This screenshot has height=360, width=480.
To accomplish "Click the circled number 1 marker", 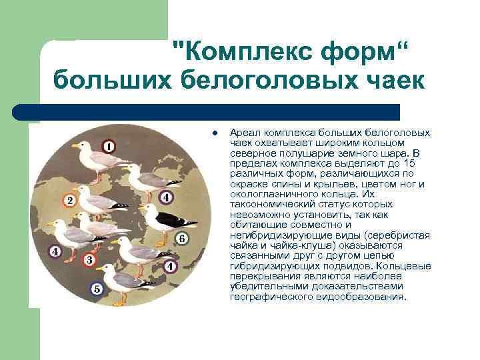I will [x=109, y=146].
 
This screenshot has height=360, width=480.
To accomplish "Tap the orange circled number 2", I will [x=68, y=199].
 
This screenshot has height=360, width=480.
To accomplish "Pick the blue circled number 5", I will [x=97, y=289].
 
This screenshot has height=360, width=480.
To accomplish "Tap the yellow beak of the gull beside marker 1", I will [x=74, y=145].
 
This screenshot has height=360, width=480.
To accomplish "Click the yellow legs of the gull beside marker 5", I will [x=119, y=300].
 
